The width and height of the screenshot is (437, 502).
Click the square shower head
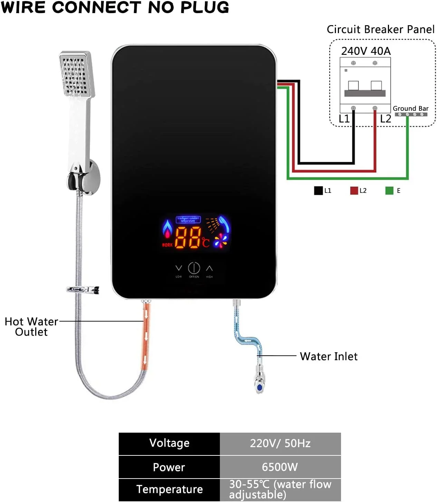coord(76,74)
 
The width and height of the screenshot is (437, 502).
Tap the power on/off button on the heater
coord(194,268)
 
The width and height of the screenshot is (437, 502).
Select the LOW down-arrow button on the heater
coord(178,268)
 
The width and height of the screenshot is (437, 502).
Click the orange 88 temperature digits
coord(188,238)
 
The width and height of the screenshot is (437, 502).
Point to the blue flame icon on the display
coord(167,228)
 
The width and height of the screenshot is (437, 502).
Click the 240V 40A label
coord(366,51)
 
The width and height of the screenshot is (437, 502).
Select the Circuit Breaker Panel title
coord(380,29)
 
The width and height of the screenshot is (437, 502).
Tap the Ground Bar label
coord(410,108)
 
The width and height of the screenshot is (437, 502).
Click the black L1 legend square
coord(318,190)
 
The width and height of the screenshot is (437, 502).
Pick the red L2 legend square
coord(354,190)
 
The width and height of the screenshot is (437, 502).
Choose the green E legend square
coord(389,190)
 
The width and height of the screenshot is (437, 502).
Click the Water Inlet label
coord(329,356)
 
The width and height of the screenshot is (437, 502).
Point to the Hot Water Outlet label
coord(31,326)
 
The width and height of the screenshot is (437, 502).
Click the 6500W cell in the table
coord(280,467)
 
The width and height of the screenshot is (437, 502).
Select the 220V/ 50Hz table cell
coord(280,443)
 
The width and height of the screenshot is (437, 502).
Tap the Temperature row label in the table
coord(169,489)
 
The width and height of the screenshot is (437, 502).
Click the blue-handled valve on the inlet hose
coord(259,383)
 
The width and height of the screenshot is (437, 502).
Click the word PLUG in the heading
coord(206,7)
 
